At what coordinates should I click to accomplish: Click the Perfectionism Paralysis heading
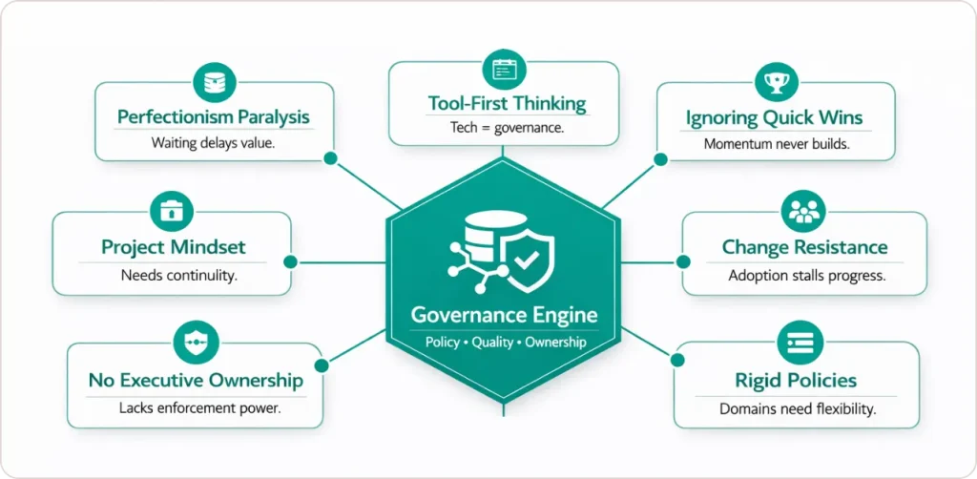pos(214,117)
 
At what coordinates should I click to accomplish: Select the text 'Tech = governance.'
pos(508,127)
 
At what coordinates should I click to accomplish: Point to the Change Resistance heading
pos(804,247)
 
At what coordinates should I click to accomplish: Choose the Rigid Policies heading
pos(795,381)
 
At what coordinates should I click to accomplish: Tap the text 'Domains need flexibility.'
pos(797,409)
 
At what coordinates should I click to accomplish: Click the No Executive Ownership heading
pos(196,380)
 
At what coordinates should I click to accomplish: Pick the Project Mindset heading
pos(173,247)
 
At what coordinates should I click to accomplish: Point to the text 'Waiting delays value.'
pos(213,144)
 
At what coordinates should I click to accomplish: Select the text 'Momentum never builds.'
pos(775,144)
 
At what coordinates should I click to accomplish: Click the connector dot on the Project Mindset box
pos(291,261)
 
